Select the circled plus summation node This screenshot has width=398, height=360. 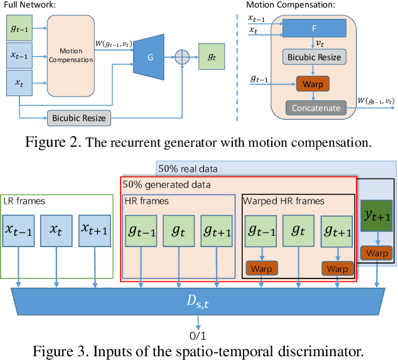[x=183, y=56]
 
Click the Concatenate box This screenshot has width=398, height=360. [x=316, y=108]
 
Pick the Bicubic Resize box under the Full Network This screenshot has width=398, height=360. [x=79, y=117]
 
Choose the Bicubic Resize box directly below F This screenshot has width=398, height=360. [x=313, y=57]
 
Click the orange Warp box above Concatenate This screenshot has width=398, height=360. [x=312, y=82]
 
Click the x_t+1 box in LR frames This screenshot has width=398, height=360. [x=93, y=228]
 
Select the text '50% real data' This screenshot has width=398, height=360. [x=188, y=169]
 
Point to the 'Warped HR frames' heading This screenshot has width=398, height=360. [x=283, y=201]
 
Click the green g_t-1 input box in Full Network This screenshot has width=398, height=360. [x=21, y=28]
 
